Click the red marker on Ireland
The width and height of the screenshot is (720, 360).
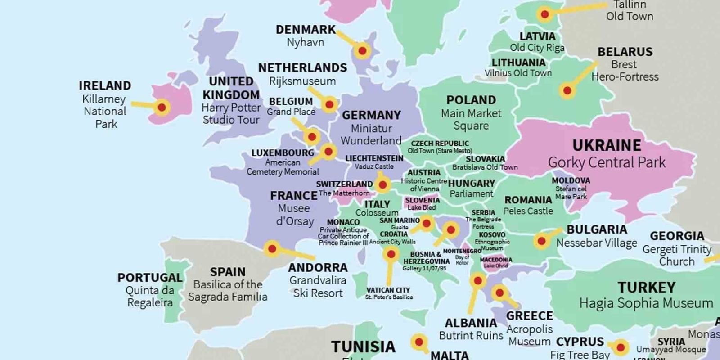[162, 108]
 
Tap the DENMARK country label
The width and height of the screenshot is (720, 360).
[306, 30]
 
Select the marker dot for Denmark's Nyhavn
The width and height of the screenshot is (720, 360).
[362, 51]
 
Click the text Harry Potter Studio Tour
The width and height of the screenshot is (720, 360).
[231, 114]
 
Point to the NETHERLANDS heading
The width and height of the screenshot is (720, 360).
[302, 68]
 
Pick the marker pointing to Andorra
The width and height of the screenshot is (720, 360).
[272, 248]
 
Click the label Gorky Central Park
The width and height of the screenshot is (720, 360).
[606, 162]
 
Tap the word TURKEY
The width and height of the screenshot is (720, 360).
[646, 287]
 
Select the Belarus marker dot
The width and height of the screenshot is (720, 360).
[567, 91]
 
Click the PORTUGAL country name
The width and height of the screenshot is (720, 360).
[150, 278]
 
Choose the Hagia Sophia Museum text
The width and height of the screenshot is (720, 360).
[646, 303]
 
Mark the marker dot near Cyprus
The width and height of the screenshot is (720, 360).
[621, 347]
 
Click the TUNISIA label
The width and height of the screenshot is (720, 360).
[363, 346]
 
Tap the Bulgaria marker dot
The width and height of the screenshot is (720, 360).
[542, 241]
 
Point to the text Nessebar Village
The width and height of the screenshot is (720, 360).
[596, 243]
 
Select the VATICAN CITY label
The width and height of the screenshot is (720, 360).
[388, 290]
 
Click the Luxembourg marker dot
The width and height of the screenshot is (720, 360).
[328, 152]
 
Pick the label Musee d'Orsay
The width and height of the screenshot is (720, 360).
[294, 215]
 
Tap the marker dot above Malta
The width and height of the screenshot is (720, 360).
[419, 342]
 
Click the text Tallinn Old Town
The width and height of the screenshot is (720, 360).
[629, 11]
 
